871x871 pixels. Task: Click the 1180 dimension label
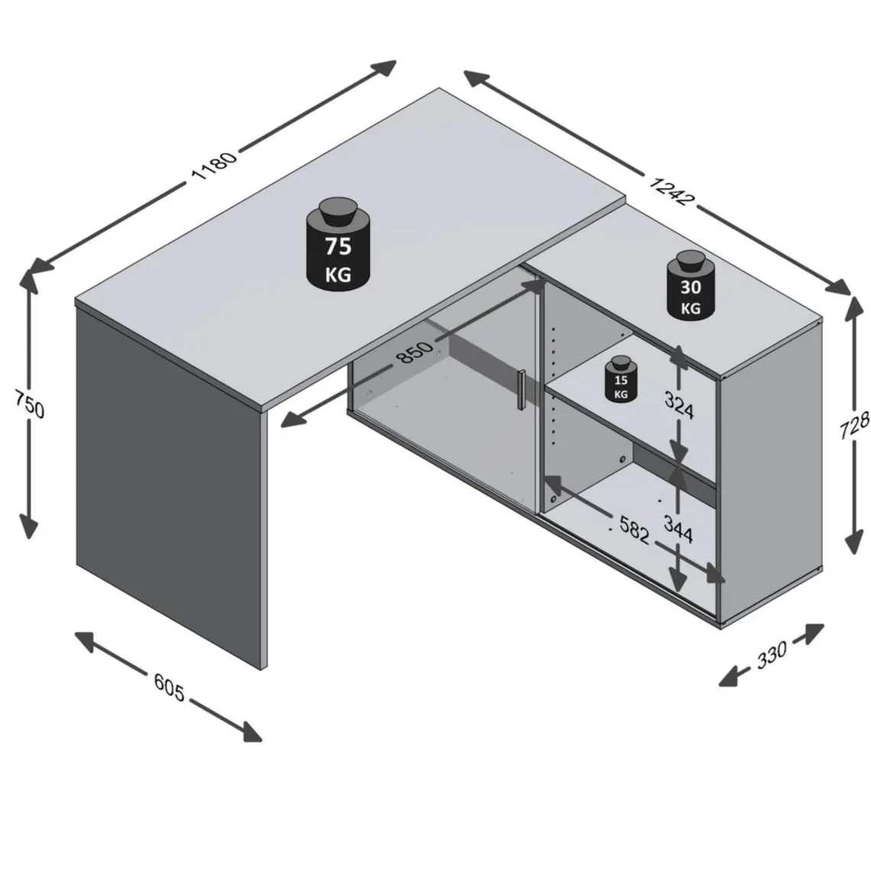coord(214,165)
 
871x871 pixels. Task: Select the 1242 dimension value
coord(672,190)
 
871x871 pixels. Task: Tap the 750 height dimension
coord(30,404)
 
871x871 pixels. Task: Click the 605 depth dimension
coord(169,687)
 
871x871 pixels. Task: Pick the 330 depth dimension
coord(772,655)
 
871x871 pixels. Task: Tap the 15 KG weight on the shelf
coord(621,378)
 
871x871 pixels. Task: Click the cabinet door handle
coord(520,390)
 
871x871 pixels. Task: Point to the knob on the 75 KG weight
coord(338,211)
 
